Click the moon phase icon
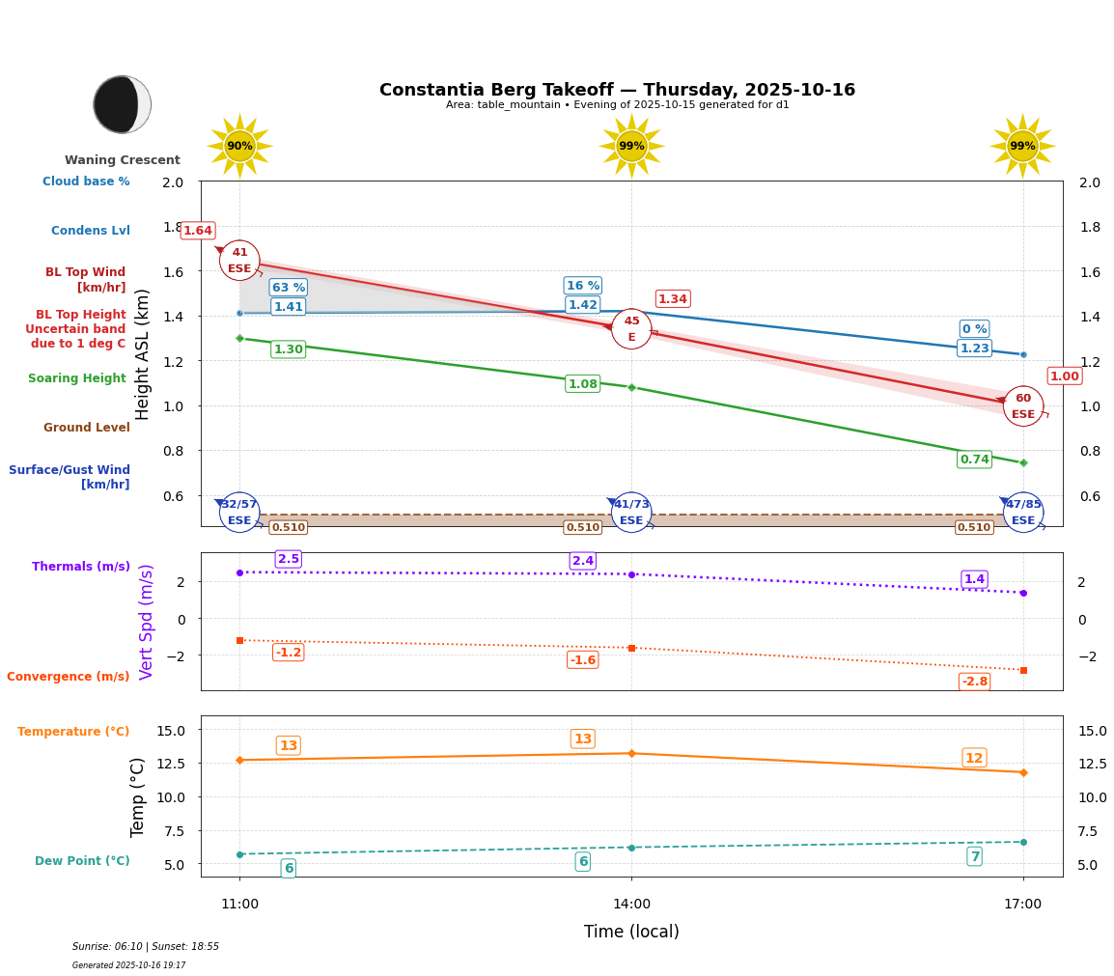pyautogui.click(x=122, y=104)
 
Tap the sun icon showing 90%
pyautogui.click(x=239, y=146)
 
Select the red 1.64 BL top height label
pyautogui.click(x=198, y=231)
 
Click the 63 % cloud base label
pyautogui.click(x=288, y=287)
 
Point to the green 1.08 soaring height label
pyautogui.click(x=582, y=384)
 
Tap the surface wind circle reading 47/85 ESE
pyautogui.click(x=1023, y=513)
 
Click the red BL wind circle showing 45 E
pyautogui.click(x=631, y=329)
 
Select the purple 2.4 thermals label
pyautogui.click(x=583, y=561)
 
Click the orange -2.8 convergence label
pyautogui.click(x=974, y=682)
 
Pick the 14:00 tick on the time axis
pyautogui.click(x=631, y=904)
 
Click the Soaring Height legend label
pyautogui.click(x=77, y=378)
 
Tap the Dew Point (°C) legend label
pyautogui.click(x=82, y=861)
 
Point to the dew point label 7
pyautogui.click(x=974, y=856)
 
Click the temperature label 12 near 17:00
pyautogui.click(x=974, y=758)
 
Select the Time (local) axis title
pyautogui.click(x=631, y=932)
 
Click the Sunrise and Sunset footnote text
pyautogui.click(x=146, y=947)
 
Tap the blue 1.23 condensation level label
pyautogui.click(x=974, y=349)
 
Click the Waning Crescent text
pyautogui.click(x=123, y=160)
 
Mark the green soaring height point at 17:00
pyautogui.click(x=1023, y=462)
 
